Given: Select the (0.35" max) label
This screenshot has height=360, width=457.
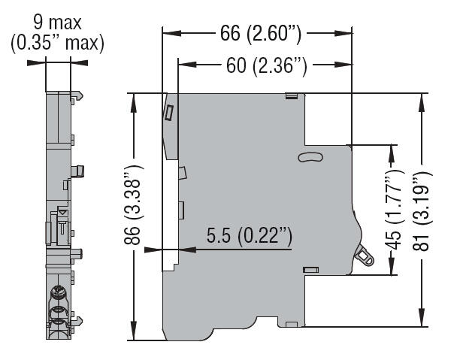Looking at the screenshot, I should tap(57, 44).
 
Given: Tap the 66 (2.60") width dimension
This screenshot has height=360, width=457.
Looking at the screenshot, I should tap(257, 34).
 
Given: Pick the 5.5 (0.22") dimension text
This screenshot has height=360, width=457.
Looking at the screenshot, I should tap(248, 236).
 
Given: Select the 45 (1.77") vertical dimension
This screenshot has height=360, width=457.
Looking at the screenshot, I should tap(391, 210).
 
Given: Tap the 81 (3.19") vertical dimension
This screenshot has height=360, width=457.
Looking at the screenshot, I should tap(422, 210).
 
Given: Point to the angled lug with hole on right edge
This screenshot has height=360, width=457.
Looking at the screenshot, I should tap(365, 256).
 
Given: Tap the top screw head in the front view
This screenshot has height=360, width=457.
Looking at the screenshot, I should tap(57, 291).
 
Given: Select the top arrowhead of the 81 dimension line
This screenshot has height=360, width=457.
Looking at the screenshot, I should tap(422, 98).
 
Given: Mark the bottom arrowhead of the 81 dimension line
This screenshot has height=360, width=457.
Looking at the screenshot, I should tap(422, 322).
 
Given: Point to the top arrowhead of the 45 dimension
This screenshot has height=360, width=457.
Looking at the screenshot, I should tap(391, 150).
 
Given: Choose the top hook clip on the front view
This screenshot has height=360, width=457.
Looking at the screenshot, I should tap(77, 96).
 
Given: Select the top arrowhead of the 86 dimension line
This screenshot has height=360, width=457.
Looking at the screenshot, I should tap(135, 98).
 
